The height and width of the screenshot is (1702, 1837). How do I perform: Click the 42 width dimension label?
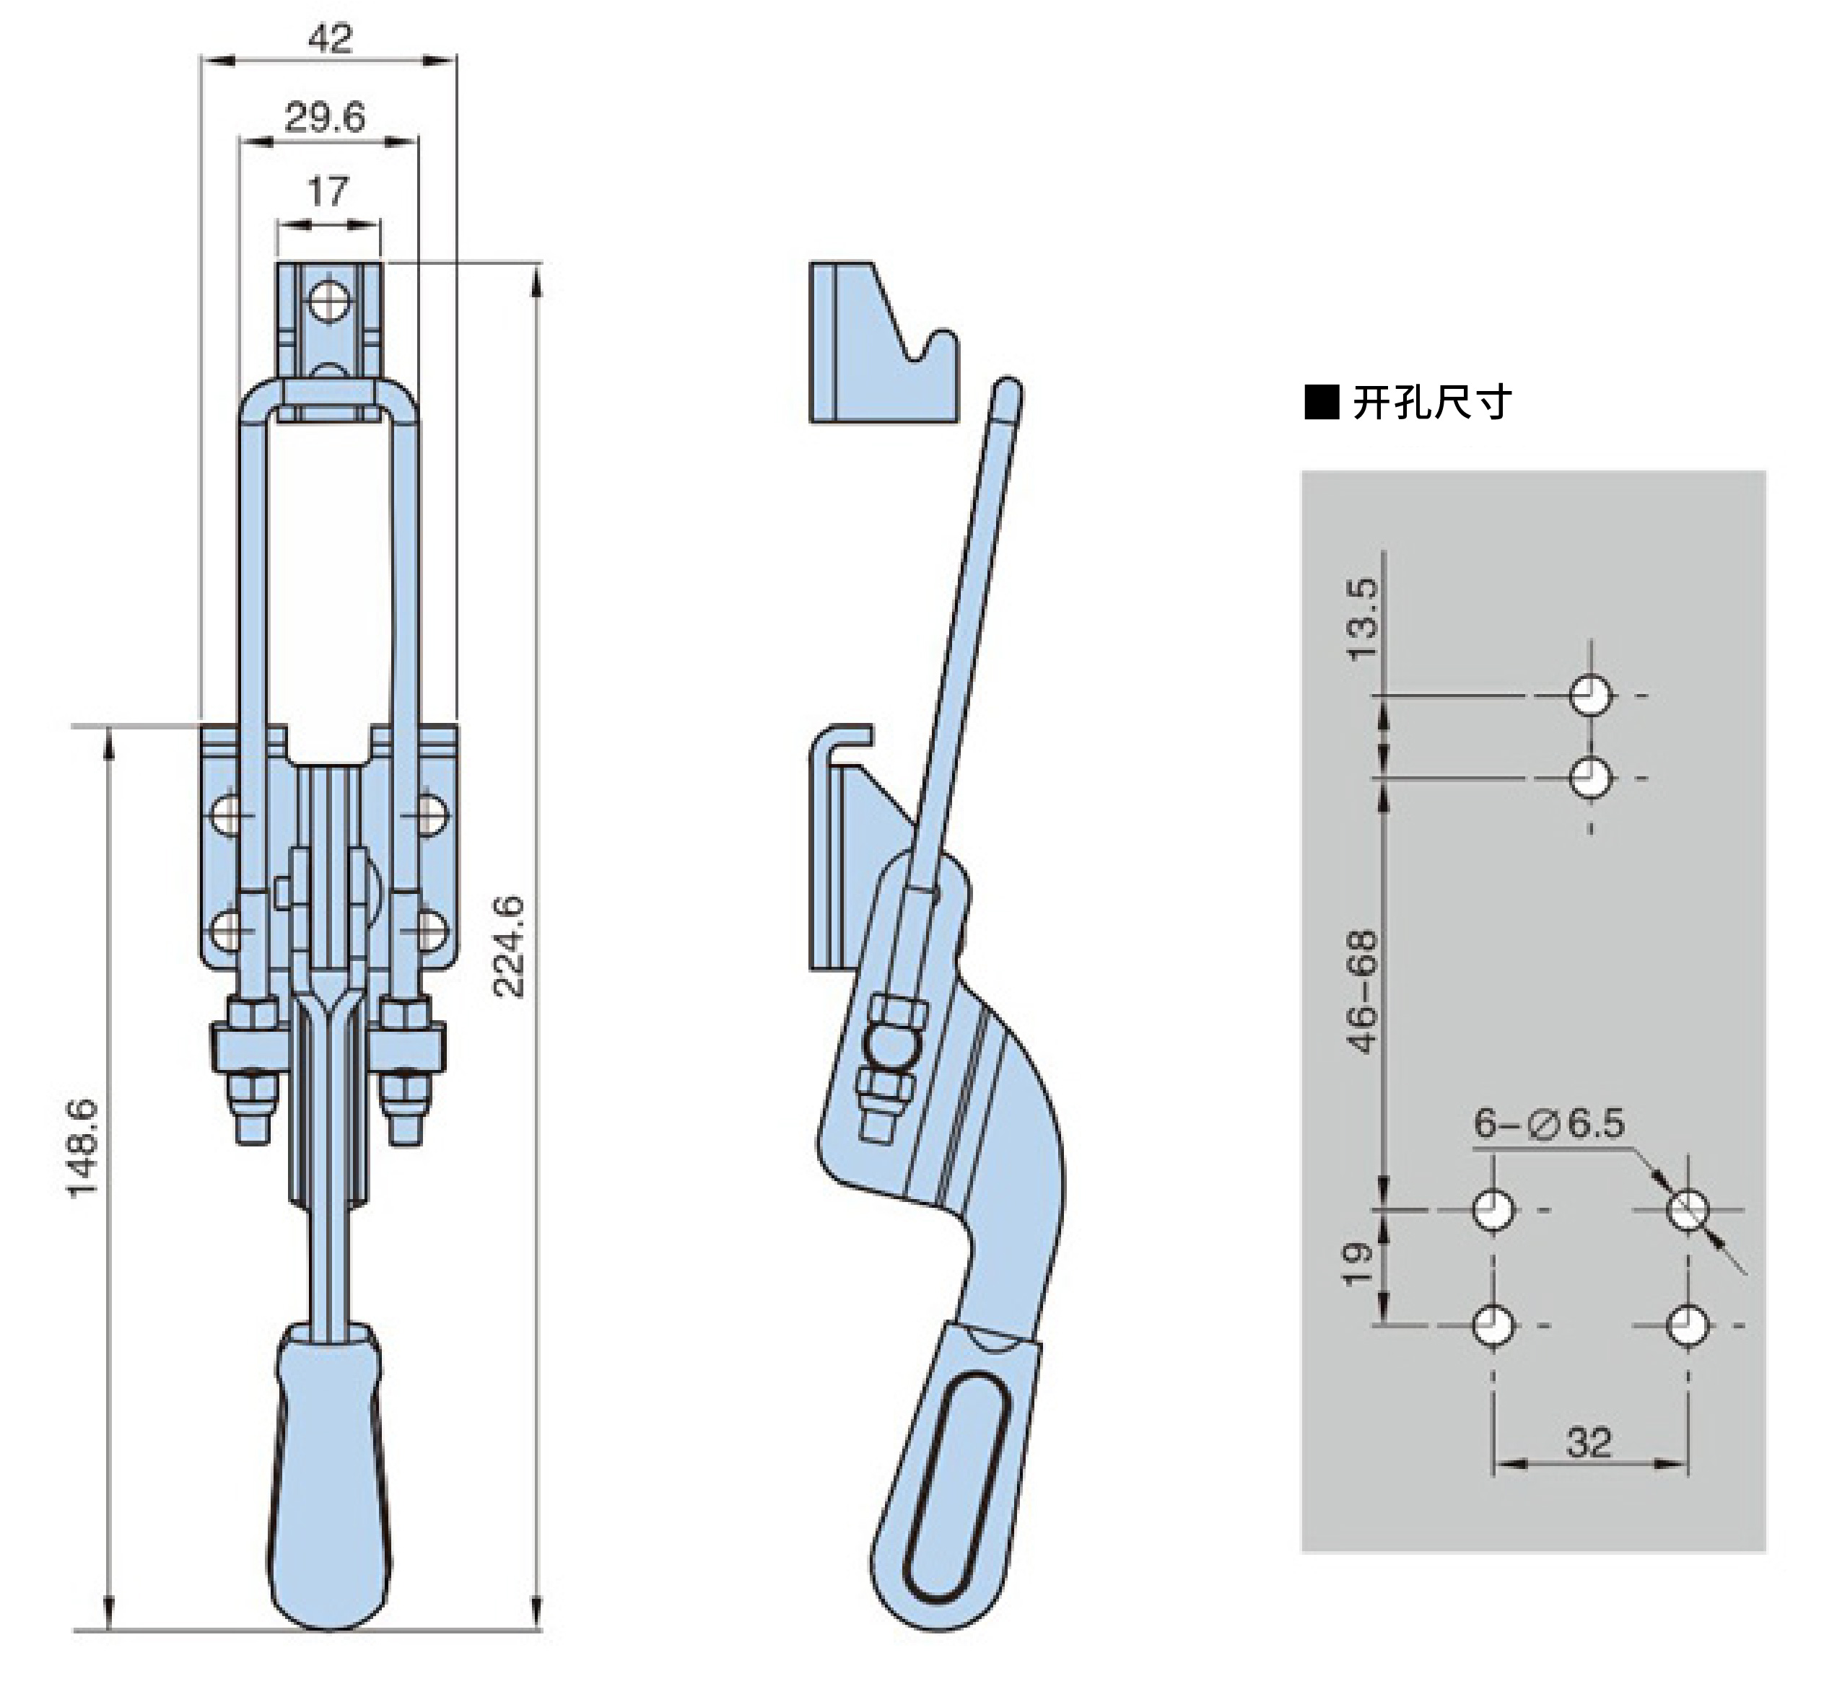pos(330,39)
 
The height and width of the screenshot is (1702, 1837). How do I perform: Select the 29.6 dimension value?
pos(324,118)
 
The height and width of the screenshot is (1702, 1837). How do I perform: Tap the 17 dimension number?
pos(328,192)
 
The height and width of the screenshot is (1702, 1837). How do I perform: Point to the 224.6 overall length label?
pos(509,946)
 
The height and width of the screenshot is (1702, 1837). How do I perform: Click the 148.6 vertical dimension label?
pos(83,1149)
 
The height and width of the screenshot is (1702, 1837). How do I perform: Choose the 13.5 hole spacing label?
pos(1363,619)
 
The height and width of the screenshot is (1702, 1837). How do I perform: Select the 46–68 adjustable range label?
pos(1363,991)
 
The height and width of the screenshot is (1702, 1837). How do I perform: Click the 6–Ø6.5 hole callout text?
pos(1549,1123)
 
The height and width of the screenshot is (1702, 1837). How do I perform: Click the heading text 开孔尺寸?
pos(1431,403)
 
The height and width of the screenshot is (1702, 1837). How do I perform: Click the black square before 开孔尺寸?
pos(1321,403)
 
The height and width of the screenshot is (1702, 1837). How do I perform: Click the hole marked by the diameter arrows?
pos(1688,1209)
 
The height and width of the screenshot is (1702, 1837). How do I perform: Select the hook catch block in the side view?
pos(883,343)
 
